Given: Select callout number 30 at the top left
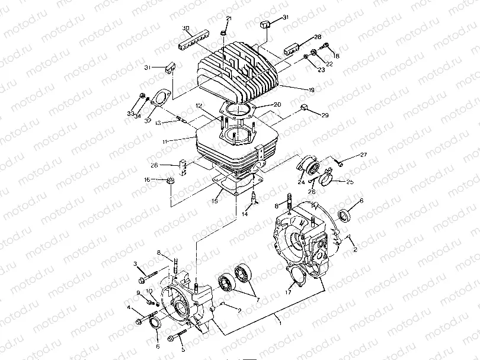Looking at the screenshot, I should pos(185,28).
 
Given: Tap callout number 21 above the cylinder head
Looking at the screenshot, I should pos(229,20).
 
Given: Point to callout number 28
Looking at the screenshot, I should pos(318,37).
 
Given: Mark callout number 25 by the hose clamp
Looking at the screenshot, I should pos(350,182).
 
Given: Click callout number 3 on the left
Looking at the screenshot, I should pos(135,263).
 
